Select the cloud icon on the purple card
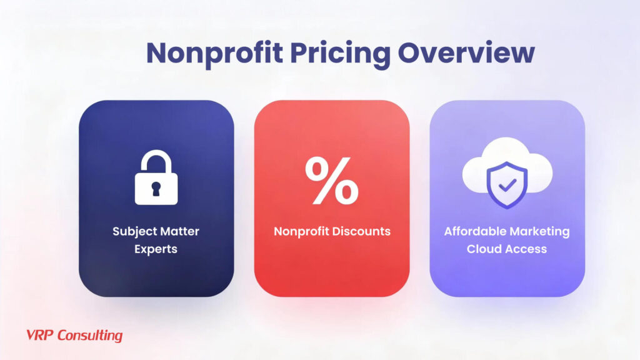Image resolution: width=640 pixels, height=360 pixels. pyautogui.click(x=507, y=169)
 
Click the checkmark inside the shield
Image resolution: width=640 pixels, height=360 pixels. pyautogui.click(x=507, y=184)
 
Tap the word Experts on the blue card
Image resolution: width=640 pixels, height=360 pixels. pyautogui.click(x=156, y=249)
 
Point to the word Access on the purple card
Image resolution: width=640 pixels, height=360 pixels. pyautogui.click(x=526, y=249)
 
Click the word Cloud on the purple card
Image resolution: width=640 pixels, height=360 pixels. pyautogui.click(x=484, y=249)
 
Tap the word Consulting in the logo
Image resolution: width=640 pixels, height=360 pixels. pyautogui.click(x=90, y=336)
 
